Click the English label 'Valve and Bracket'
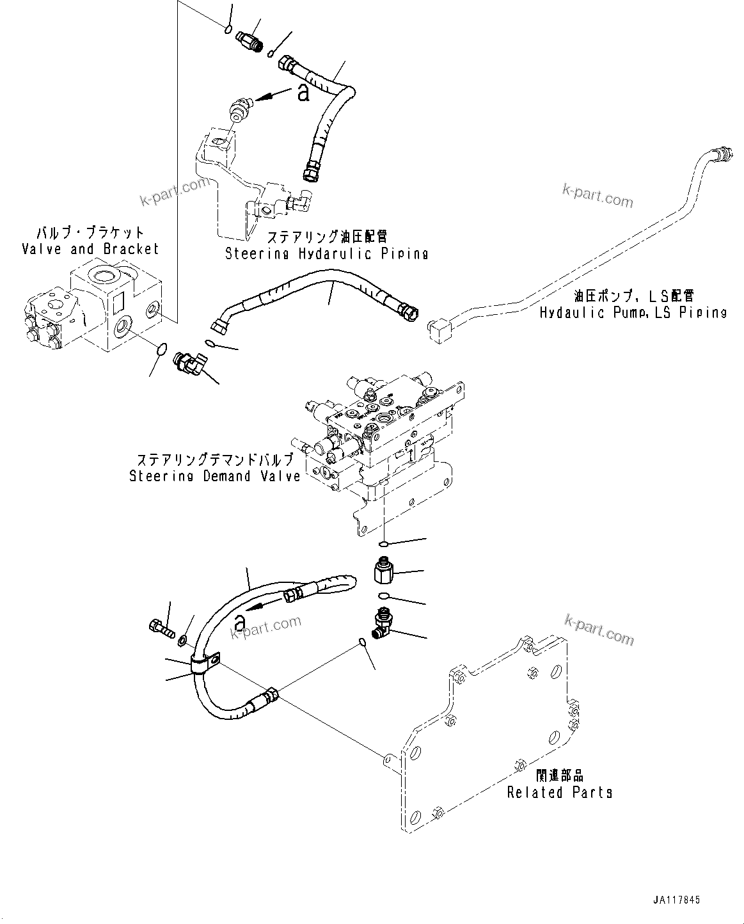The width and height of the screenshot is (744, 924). tap(90, 249)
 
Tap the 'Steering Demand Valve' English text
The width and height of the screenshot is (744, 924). tap(214, 476)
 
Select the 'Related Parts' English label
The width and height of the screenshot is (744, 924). tap(559, 792)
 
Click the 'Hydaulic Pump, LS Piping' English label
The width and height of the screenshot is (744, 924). tap(633, 313)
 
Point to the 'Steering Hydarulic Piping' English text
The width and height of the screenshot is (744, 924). tap(326, 253)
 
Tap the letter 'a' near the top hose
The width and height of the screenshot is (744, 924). tap(303, 93)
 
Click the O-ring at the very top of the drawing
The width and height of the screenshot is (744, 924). tap(228, 28)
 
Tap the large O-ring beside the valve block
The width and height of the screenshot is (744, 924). tap(162, 349)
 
